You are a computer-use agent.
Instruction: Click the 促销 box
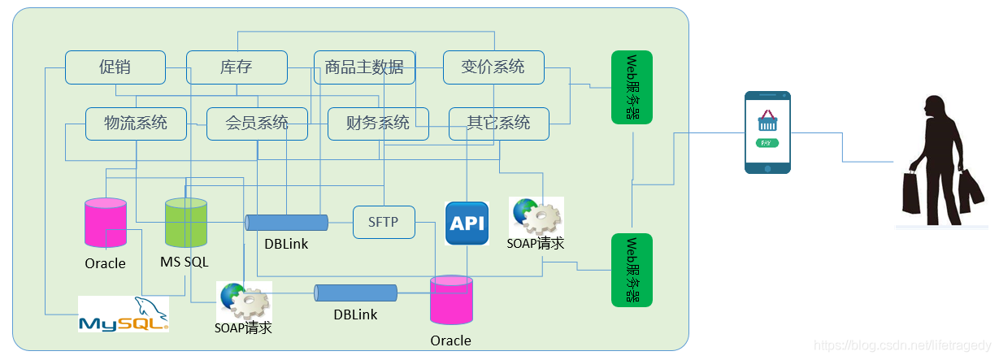pyautogui.click(x=115, y=67)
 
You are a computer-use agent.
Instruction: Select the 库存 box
pyautogui.click(x=237, y=67)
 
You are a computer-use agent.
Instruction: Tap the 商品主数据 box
pyautogui.click(x=364, y=67)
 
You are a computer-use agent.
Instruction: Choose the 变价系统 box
pyautogui.click(x=493, y=67)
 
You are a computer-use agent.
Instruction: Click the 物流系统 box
pyautogui.click(x=136, y=124)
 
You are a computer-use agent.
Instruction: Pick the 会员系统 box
pyautogui.click(x=257, y=124)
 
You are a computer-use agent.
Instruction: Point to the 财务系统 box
pyautogui.click(x=378, y=124)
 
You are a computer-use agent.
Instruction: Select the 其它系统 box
pyautogui.click(x=498, y=124)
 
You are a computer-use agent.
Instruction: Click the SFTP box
pyautogui.click(x=384, y=222)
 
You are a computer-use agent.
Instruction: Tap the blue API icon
pyautogui.click(x=467, y=223)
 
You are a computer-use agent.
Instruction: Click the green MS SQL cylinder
pyautogui.click(x=185, y=223)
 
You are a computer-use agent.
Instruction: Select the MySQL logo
pyautogui.click(x=124, y=314)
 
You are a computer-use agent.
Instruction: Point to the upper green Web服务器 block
pyautogui.click(x=632, y=87)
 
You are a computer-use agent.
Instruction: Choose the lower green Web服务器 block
pyautogui.click(x=632, y=270)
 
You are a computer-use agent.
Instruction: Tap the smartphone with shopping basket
pyautogui.click(x=767, y=132)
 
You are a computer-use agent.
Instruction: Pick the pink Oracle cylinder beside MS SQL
pyautogui.click(x=106, y=223)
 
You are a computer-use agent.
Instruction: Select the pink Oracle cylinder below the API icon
pyautogui.click(x=451, y=301)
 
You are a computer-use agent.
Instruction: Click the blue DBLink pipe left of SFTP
pyautogui.click(x=286, y=223)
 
